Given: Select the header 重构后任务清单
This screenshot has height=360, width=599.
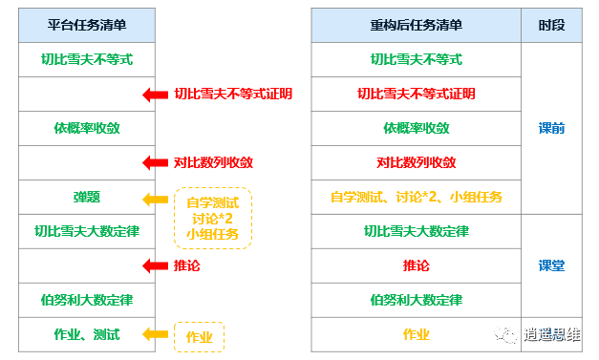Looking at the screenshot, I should point(416,26).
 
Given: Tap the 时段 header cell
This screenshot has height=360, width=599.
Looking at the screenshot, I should point(551,26).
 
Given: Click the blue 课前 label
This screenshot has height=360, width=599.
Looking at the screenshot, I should point(551,128).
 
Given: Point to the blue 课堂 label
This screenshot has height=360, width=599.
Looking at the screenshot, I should point(551,265).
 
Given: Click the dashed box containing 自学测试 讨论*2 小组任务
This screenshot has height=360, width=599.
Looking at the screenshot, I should point(213,218).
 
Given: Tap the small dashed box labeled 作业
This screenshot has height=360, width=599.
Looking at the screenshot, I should point(200,336).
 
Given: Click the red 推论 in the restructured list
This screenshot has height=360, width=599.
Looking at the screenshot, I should point(416,265).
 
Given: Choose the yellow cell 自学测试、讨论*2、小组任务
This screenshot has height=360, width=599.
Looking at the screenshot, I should point(416,198).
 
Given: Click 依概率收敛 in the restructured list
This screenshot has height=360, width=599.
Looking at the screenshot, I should point(416,128).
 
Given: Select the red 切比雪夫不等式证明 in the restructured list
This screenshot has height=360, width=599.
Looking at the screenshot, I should point(416,94).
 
